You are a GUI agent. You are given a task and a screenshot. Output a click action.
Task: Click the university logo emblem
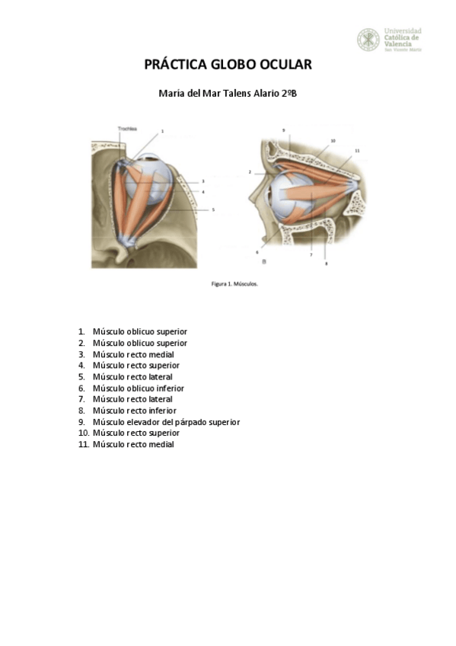coord(368,40)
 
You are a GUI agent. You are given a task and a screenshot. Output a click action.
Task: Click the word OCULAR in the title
coord(282,65)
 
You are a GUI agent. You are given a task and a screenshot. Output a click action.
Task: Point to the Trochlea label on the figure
coord(127,130)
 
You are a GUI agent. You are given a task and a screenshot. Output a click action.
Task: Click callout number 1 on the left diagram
coord(162,132)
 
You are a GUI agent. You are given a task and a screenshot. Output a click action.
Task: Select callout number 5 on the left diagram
coord(213,209)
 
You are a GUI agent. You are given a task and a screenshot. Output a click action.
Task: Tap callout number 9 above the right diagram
coord(283,131)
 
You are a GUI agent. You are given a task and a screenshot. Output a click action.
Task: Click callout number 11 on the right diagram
coord(357,151)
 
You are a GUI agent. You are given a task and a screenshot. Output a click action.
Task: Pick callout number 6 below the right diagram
coord(257,251)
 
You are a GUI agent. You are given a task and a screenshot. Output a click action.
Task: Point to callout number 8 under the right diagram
coord(326,264)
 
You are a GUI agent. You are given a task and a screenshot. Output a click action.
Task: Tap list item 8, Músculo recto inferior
coord(134,410)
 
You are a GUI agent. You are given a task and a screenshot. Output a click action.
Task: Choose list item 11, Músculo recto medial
coord(133,444)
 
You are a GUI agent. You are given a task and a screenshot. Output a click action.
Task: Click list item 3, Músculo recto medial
coord(133,354)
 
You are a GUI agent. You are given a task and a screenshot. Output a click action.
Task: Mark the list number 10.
coord(84,433)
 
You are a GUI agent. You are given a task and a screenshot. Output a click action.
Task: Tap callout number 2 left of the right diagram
coord(250,173)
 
